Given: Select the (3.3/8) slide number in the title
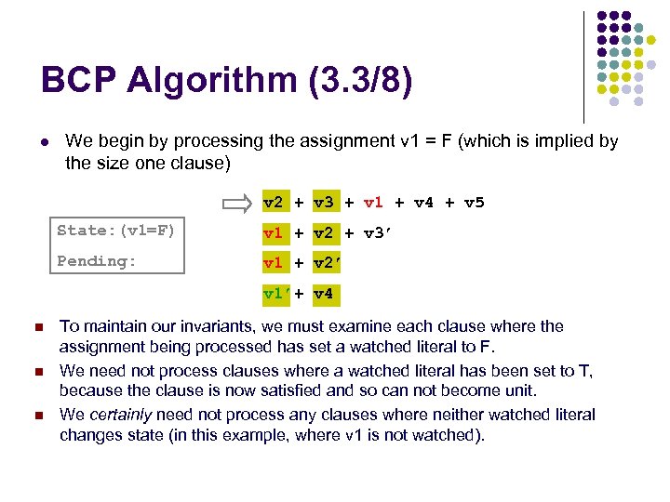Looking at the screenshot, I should point(357,81).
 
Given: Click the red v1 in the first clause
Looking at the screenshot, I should point(373,203).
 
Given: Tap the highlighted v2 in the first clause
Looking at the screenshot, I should point(274,203).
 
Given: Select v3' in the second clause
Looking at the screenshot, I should point(377,232).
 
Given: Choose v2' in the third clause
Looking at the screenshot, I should point(327,263).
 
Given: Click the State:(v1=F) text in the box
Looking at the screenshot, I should point(115,231).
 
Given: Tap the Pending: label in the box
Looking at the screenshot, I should point(97,261).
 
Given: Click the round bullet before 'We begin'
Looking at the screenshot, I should point(44,142).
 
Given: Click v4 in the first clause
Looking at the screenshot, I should point(423,203).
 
